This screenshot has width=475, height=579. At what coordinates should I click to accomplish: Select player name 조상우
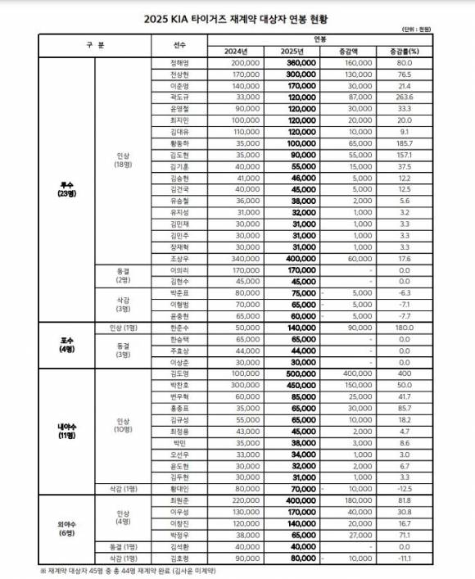click(181, 257)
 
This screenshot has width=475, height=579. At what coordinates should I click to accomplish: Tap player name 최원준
click(181, 499)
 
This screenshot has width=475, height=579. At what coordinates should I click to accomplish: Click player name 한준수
click(181, 327)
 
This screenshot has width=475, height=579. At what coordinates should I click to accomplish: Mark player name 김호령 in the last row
click(181, 557)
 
